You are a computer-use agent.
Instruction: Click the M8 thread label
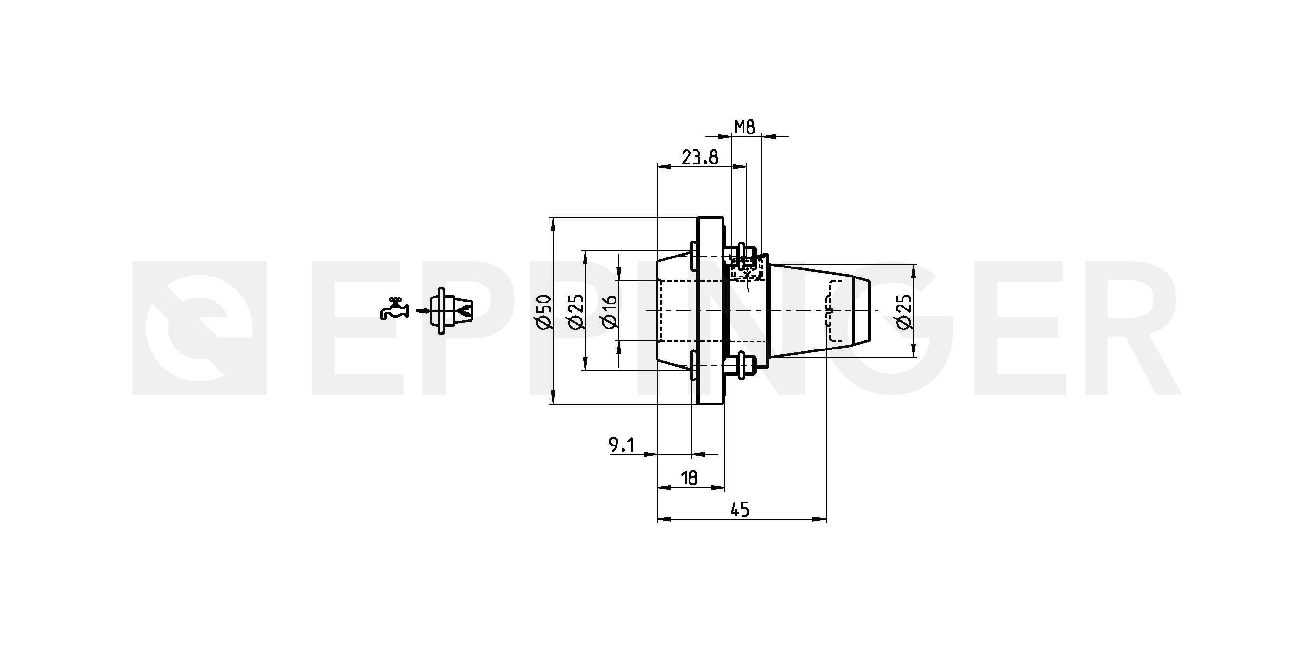tap(744, 126)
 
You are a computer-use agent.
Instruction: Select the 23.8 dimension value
tap(700, 158)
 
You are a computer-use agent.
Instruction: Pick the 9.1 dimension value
tap(621, 445)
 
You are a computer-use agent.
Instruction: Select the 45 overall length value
tap(740, 509)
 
